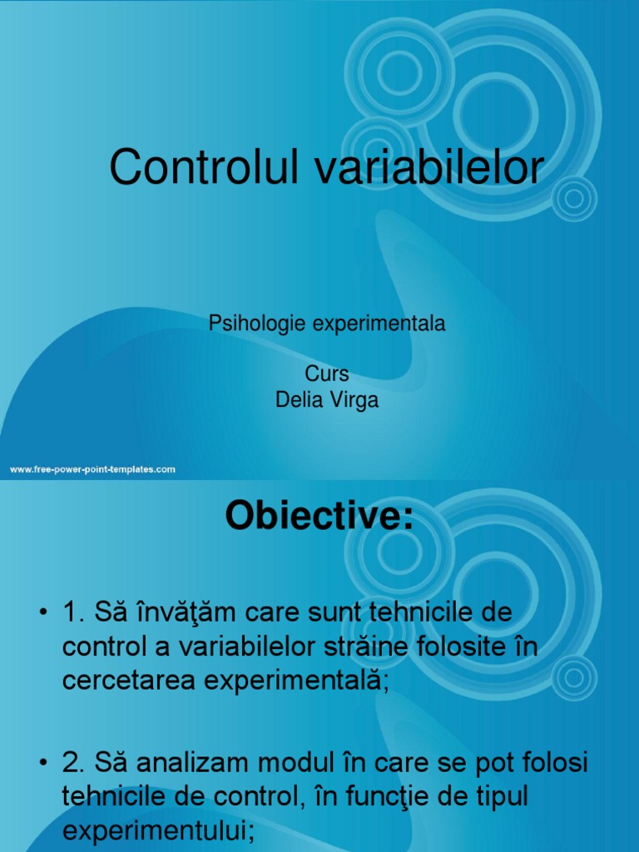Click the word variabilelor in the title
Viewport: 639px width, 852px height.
click(429, 166)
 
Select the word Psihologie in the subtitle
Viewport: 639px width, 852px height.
click(257, 324)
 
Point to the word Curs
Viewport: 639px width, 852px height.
click(326, 374)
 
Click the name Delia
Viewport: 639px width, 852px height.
click(300, 400)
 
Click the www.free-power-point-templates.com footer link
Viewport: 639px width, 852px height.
click(92, 469)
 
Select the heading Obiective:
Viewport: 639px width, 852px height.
click(319, 515)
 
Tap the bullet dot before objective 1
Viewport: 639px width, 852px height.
click(43, 612)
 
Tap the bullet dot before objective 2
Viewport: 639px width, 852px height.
click(43, 763)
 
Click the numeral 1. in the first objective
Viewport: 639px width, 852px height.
click(73, 612)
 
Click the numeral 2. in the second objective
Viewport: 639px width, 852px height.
click(73, 763)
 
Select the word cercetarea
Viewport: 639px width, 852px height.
click(129, 681)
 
